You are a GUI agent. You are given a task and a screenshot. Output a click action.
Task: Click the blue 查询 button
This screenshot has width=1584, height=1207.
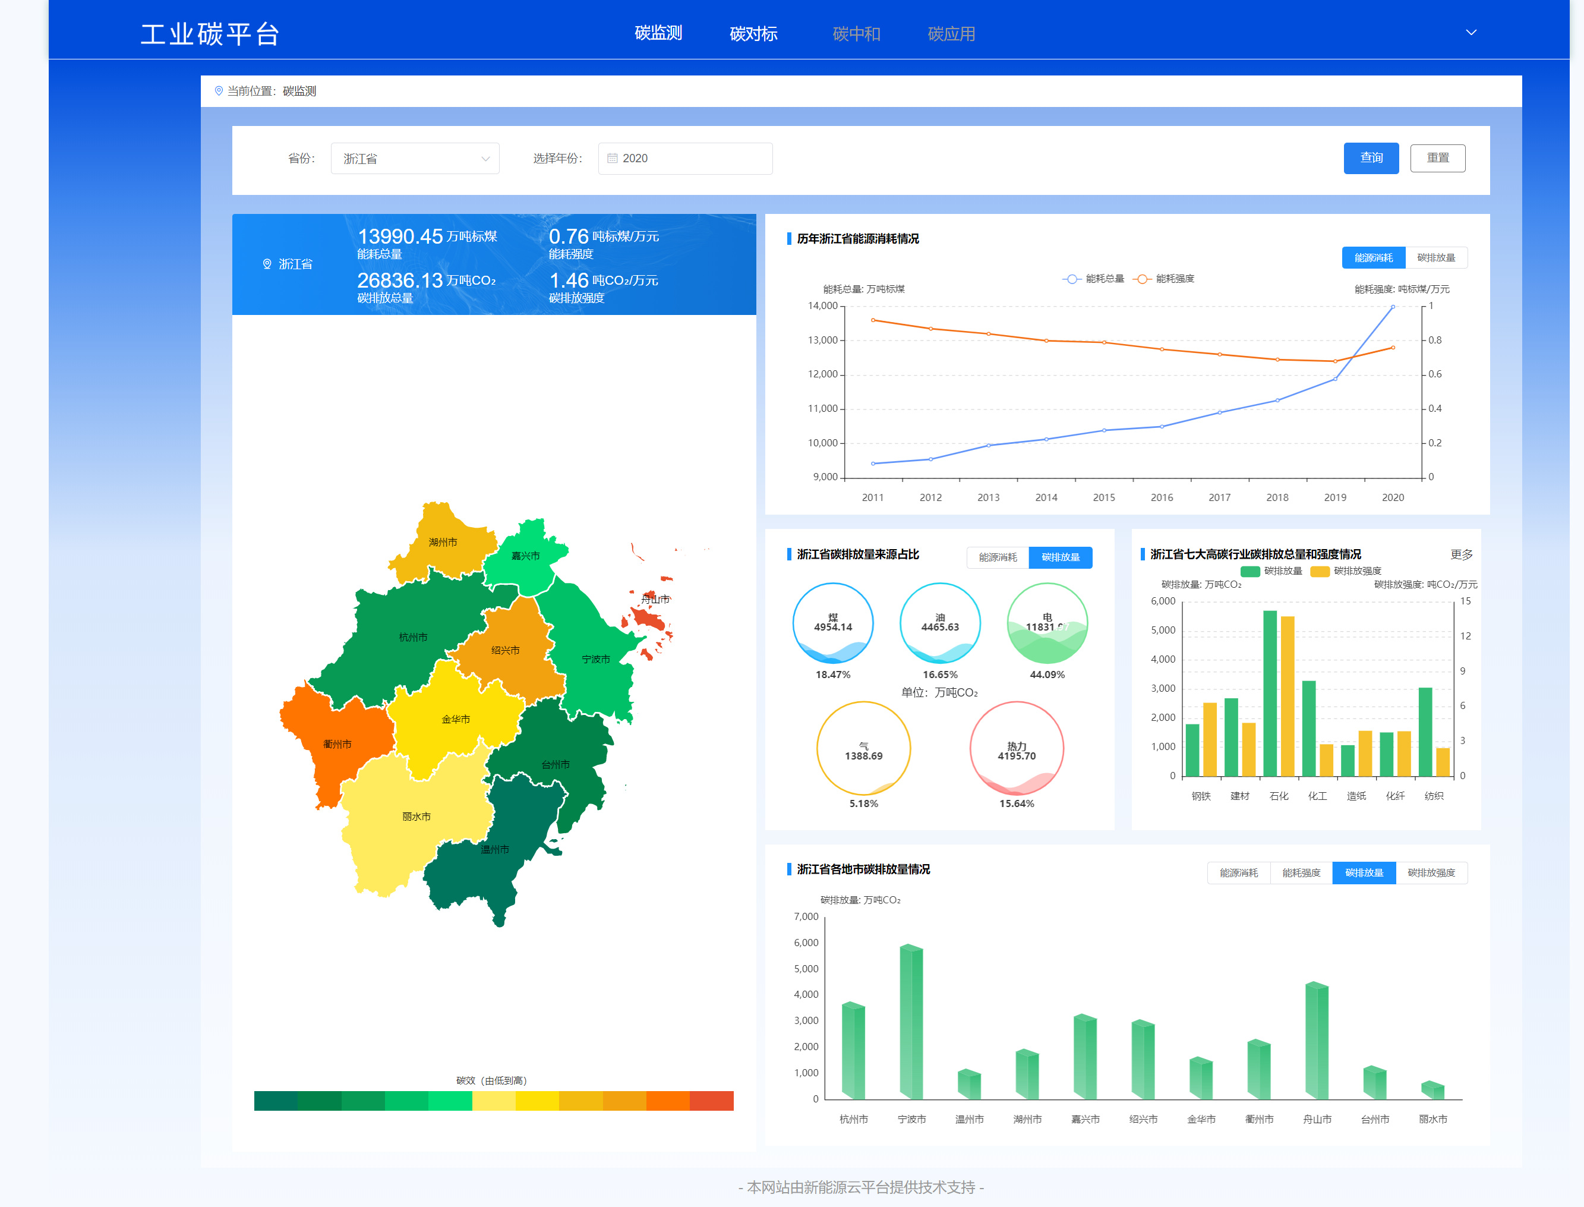(x=1371, y=158)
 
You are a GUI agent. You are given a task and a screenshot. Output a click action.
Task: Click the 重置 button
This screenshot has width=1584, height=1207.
(x=1437, y=158)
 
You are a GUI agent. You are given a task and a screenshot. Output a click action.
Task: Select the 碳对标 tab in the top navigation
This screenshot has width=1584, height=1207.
(x=753, y=34)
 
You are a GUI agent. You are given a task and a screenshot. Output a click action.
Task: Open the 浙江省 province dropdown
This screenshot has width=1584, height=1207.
(x=415, y=159)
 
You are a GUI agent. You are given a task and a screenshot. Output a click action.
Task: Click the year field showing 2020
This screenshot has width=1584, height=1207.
(x=684, y=159)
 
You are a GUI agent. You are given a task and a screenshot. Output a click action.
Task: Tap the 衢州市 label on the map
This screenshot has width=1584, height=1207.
(x=337, y=744)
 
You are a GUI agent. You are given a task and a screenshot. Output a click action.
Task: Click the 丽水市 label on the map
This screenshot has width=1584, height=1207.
(x=416, y=817)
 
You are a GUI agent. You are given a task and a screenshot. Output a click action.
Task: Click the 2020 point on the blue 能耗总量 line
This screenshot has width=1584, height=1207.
(x=1393, y=307)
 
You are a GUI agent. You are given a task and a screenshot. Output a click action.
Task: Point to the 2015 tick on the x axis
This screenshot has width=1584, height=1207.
(x=1103, y=497)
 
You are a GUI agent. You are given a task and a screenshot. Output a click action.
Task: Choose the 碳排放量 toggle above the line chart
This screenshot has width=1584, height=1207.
(x=1435, y=258)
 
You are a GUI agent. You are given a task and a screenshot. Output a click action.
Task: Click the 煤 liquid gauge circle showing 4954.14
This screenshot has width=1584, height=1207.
(x=832, y=623)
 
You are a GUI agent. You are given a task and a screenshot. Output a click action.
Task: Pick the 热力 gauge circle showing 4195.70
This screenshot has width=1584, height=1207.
(x=1017, y=749)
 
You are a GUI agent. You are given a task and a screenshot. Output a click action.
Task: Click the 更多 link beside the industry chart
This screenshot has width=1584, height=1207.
(x=1461, y=554)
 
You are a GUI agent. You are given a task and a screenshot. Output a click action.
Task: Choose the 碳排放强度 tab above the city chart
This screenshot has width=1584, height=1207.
(x=1431, y=873)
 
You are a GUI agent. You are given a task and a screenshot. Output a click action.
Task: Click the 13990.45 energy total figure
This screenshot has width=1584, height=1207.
(x=400, y=237)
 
